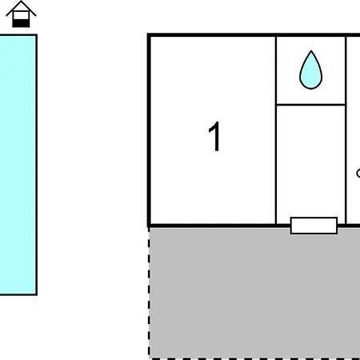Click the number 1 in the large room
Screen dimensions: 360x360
tap(214, 137)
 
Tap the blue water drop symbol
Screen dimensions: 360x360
tap(310, 70)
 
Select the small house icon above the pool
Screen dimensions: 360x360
tap(21, 14)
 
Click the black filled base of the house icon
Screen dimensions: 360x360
tap(21, 23)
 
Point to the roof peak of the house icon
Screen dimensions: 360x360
tap(21, 1)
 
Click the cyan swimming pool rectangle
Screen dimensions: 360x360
tap(18, 165)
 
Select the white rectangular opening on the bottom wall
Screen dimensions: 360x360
tap(314, 226)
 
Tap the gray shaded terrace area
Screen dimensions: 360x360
tap(254, 294)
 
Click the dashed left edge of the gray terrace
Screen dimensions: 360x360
tap(149, 293)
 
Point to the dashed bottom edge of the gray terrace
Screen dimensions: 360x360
tap(254, 358)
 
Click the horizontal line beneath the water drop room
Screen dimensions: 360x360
tap(310, 105)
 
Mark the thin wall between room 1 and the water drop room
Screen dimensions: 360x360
tap(276, 130)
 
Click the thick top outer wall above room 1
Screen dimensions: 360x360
tap(254, 35)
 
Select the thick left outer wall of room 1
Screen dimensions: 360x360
tap(149, 130)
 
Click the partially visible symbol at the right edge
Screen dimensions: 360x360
tap(358, 174)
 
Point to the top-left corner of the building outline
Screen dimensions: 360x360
tap(149, 34)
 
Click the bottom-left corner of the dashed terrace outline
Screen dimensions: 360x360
tap(149, 358)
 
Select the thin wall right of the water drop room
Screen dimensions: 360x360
tap(346, 130)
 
